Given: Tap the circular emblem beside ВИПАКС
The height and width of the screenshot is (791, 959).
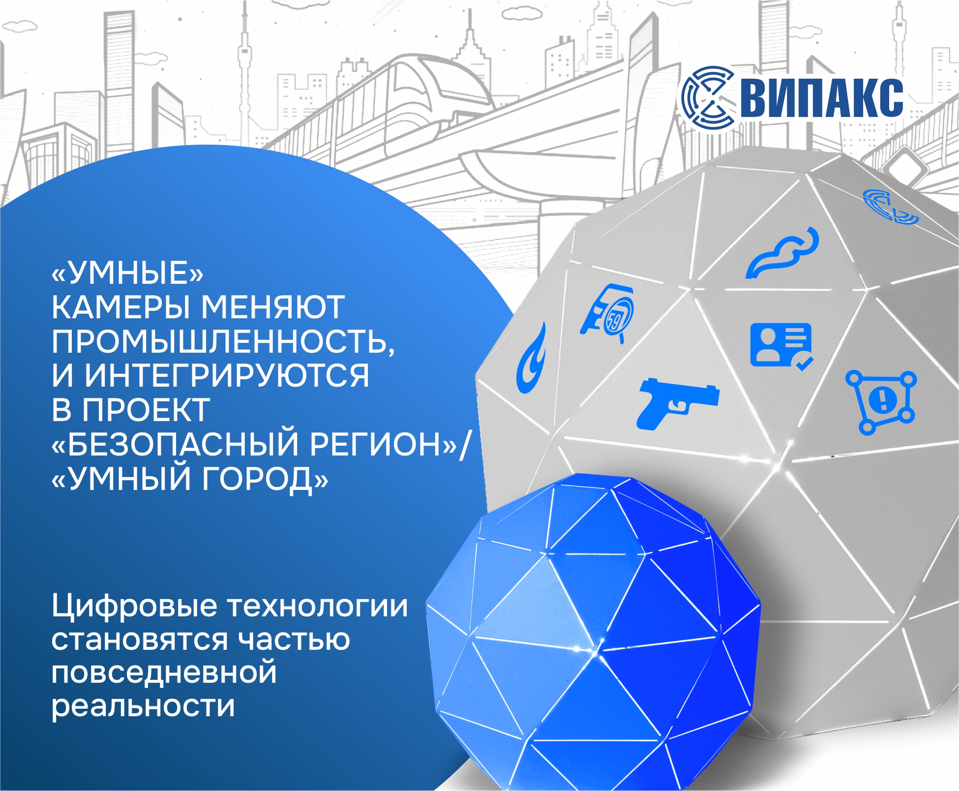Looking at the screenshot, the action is pos(708,96).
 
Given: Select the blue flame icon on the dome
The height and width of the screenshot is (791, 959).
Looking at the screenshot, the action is pos(531,358).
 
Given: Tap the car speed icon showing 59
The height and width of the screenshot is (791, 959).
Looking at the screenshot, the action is pos(608,313).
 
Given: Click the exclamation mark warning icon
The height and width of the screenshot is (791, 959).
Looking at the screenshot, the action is pos(881,402).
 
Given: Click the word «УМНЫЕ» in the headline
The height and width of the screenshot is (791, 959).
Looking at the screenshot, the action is pos(127,273).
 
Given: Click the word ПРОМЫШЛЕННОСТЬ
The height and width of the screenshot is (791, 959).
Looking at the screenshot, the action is pos(223,342).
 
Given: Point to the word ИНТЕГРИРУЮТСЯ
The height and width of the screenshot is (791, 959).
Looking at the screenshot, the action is pos(227,376).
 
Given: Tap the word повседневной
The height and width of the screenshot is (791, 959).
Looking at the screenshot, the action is pos(164,672).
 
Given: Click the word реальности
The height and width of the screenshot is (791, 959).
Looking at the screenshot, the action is pos(143,706).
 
